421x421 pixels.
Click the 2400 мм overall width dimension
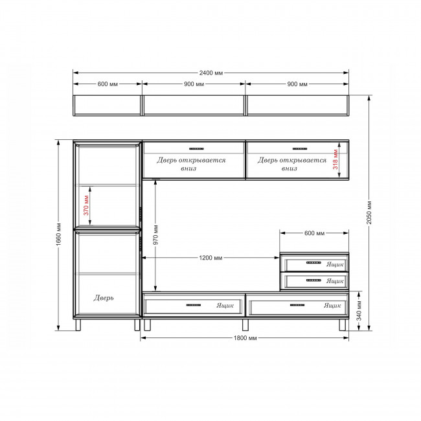(x=210, y=73)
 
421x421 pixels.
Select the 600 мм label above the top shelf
(x=108, y=84)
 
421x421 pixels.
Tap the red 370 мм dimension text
(x=86, y=205)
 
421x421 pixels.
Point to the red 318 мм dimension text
(x=336, y=159)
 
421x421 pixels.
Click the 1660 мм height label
(x=59, y=234)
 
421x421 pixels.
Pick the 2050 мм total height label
(x=369, y=212)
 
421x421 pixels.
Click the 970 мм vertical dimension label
(x=155, y=235)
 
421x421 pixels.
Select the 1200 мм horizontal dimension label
(x=210, y=258)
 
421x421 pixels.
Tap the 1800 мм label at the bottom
(x=245, y=337)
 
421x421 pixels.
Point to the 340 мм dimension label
(x=359, y=311)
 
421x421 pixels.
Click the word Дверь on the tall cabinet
(x=104, y=298)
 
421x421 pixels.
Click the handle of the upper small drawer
(x=313, y=262)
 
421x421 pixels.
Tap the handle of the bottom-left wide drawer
(x=194, y=305)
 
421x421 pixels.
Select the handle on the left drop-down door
(x=196, y=148)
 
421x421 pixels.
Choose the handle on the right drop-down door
(x=300, y=148)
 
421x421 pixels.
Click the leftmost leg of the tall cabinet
(x=78, y=325)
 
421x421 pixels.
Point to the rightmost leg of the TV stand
(x=343, y=325)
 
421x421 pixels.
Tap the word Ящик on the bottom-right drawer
(x=332, y=306)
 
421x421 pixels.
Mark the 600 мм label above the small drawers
(x=314, y=233)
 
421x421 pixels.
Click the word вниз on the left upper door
(x=188, y=168)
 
